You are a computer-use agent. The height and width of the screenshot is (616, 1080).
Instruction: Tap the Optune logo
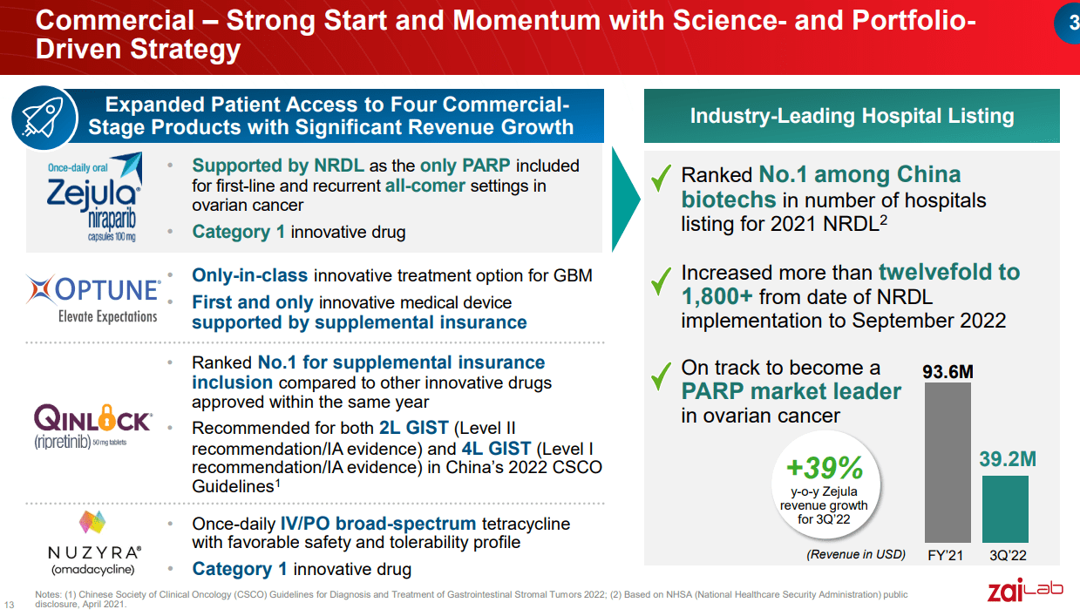click(x=93, y=296)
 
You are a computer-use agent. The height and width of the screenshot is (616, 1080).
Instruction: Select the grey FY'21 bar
click(x=948, y=462)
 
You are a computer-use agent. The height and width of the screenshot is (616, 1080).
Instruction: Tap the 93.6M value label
click(x=948, y=372)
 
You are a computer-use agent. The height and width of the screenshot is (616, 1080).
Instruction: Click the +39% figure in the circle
click(x=824, y=469)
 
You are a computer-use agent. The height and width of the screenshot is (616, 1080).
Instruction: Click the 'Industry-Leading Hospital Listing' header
click(x=852, y=116)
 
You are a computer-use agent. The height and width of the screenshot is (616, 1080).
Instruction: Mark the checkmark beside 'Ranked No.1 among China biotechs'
click(x=662, y=178)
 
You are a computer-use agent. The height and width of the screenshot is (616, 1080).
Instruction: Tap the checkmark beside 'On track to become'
click(x=662, y=374)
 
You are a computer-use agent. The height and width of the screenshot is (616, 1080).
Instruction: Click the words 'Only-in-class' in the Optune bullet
click(x=249, y=275)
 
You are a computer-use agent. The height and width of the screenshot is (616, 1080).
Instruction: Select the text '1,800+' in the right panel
click(x=717, y=295)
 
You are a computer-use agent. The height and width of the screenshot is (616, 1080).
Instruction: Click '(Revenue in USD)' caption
click(x=855, y=554)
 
